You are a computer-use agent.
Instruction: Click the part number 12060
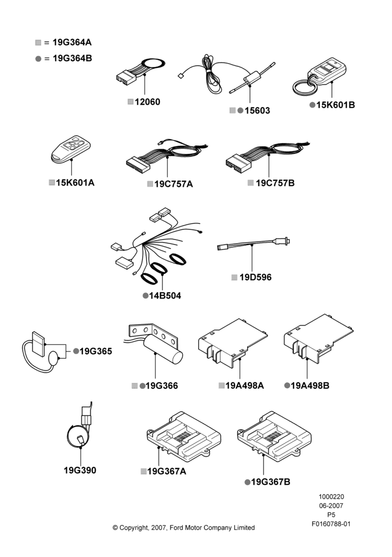tap(148, 102)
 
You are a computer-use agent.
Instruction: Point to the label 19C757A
tap(174, 184)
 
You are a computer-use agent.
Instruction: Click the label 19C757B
tap(275, 183)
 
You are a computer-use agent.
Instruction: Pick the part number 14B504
tap(165, 296)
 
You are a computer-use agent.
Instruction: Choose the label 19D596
tap(255, 277)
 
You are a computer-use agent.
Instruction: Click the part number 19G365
tap(96, 351)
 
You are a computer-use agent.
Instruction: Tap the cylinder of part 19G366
tap(163, 350)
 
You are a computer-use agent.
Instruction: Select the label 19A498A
tap(244, 386)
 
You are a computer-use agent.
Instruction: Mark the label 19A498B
tap(310, 386)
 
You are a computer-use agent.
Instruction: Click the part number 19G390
tap(80, 470)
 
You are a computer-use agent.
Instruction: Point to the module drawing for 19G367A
tap(184, 437)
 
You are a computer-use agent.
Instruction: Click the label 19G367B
tap(271, 482)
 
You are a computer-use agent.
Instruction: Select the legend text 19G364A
tap(72, 42)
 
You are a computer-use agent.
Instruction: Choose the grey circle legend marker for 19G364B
tap(38, 58)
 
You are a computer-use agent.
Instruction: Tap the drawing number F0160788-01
tap(331, 524)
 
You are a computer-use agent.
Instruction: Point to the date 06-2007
tap(331, 506)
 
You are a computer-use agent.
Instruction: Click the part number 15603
tap(257, 111)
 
